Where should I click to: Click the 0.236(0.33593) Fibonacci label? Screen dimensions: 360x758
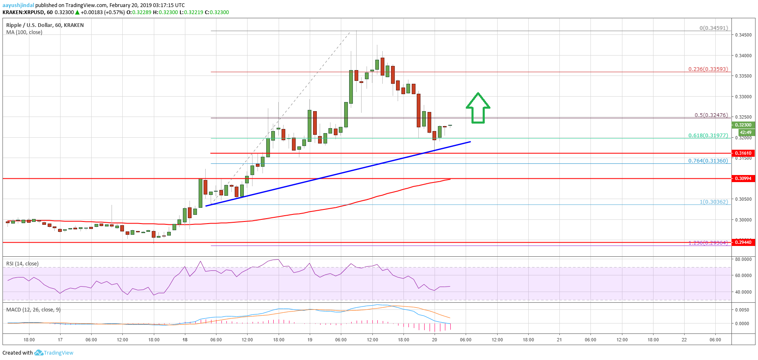click(708, 69)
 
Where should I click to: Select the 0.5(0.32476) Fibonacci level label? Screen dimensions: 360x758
click(711, 115)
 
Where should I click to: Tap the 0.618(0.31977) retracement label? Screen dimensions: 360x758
click(708, 135)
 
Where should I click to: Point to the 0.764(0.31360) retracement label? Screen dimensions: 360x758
click(708, 161)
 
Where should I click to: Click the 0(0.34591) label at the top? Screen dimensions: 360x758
click(713, 28)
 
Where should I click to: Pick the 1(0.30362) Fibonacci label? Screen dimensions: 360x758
click(714, 202)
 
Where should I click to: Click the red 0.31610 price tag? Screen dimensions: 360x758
click(743, 153)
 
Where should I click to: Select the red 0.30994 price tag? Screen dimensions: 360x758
click(743, 178)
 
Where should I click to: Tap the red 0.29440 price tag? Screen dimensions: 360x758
click(743, 242)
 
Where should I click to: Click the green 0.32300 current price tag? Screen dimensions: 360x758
click(743, 125)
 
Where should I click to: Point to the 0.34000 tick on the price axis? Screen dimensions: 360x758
click(743, 56)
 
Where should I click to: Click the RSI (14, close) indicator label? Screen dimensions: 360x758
click(22, 263)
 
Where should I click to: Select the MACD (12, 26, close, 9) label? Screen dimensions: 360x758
click(33, 309)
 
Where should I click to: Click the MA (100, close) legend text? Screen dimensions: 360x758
click(24, 32)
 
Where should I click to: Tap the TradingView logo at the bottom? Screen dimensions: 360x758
click(54, 353)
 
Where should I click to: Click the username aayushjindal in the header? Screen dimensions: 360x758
click(18, 5)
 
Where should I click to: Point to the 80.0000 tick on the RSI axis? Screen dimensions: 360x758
click(743, 259)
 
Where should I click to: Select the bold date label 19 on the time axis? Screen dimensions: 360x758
click(310, 340)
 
